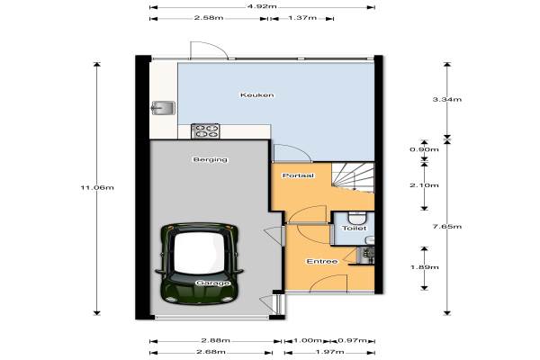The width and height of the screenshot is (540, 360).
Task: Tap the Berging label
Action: [x=210, y=159]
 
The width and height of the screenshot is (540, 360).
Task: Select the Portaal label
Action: [x=298, y=175]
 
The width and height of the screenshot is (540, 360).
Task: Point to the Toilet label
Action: [x=355, y=228]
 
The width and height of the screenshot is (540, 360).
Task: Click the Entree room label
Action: [x=322, y=262]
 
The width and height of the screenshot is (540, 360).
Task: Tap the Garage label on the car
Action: [x=212, y=283]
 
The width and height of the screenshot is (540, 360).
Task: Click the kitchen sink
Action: [x=163, y=108]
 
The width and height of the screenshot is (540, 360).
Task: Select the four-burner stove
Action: [x=205, y=131]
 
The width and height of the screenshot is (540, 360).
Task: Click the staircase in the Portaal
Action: [x=353, y=177]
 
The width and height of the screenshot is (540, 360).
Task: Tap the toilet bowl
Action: [x=356, y=218]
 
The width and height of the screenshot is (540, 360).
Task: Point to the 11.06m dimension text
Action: [x=97, y=188]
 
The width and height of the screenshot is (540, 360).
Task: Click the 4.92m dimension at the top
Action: [x=263, y=6]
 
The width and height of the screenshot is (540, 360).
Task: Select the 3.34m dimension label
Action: [x=447, y=100]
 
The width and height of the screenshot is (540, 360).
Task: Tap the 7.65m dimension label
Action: [x=447, y=226]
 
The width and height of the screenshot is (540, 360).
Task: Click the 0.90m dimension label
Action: [x=424, y=149]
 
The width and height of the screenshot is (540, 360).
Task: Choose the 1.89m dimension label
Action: [x=424, y=267]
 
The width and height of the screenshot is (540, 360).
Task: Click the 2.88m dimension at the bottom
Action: [x=216, y=341]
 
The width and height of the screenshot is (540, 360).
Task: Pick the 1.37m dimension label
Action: [x=302, y=18]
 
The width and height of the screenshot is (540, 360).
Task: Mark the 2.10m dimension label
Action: [x=424, y=185]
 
